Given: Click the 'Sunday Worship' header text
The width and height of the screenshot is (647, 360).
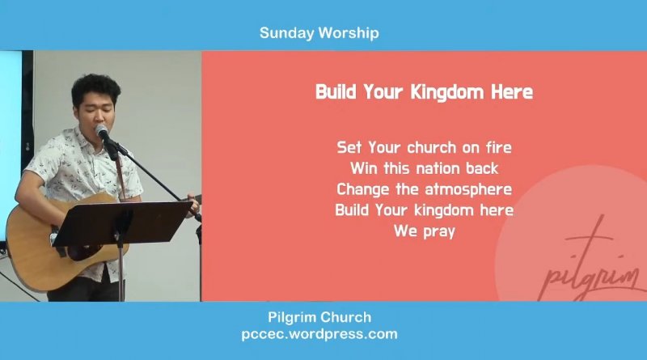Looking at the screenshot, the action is pos(319,33).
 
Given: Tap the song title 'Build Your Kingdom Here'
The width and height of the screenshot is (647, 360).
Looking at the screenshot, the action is pos(424,91).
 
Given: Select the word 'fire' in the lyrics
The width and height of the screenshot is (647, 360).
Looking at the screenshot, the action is pos(499,147).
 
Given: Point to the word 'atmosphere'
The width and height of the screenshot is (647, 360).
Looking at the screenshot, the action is pos(468,189).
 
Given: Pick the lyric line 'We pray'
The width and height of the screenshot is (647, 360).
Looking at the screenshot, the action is pos(424,231).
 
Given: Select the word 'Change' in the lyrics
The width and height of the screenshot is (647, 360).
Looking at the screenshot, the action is pos(362,189).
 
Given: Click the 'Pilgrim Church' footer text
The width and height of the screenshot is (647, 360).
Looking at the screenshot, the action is pos(319,317).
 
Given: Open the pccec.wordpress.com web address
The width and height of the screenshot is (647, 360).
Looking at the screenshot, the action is pos(319,334).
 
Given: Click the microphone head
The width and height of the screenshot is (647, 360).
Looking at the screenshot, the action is pos(101,131).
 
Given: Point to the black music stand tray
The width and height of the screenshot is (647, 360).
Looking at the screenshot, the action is pos(123,223).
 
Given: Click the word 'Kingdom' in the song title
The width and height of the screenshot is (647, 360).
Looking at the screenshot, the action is pos(447,91).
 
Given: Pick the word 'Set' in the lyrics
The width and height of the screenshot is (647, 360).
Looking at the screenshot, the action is pos(349,147).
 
